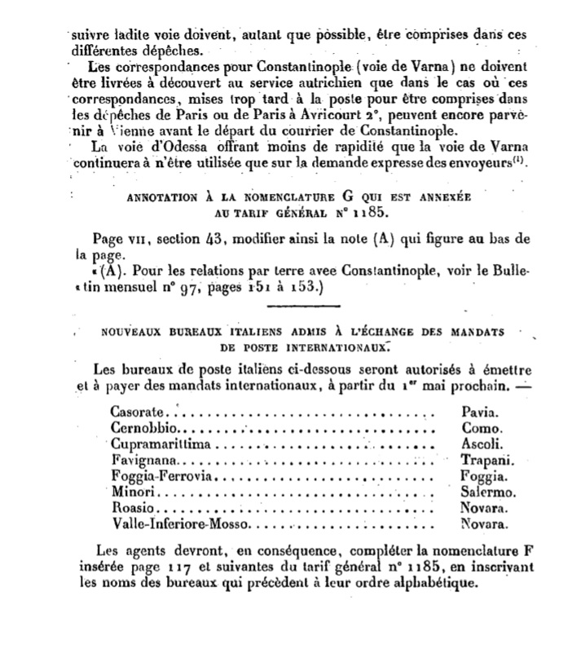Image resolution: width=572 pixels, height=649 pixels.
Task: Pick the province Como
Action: click(481, 429)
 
